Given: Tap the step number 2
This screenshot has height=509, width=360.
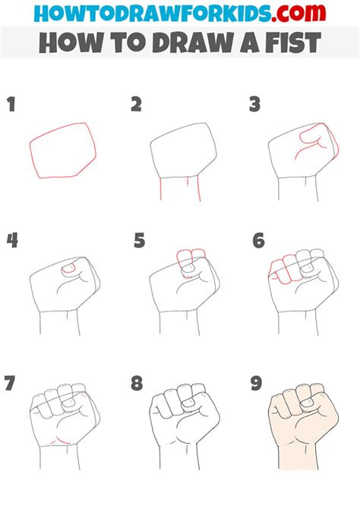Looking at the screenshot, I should click(136, 104).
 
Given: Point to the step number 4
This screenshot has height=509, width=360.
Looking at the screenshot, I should click(13, 241).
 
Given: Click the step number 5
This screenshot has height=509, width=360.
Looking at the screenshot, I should click(138, 241).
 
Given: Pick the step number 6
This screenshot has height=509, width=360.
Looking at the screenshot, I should click(259, 241).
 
